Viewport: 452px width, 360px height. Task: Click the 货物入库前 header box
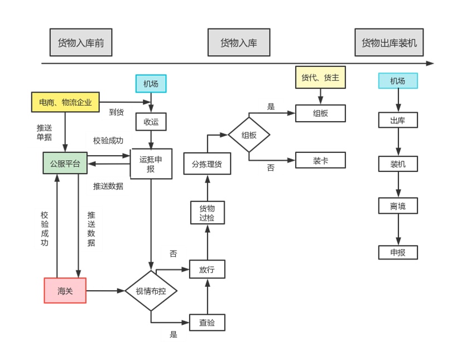click(x=81, y=43)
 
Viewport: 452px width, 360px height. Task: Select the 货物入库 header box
click(x=238, y=43)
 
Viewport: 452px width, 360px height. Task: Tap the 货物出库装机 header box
click(x=389, y=43)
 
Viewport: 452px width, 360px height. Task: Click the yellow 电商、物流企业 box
click(x=65, y=102)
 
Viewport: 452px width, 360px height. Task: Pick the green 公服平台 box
click(x=65, y=164)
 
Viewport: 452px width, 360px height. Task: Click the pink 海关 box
click(x=65, y=290)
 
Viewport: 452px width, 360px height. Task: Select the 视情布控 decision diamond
click(x=151, y=291)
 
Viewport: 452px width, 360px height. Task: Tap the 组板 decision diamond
click(x=249, y=135)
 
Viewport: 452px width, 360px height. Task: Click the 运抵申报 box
click(x=151, y=164)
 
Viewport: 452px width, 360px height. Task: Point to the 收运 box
click(x=151, y=121)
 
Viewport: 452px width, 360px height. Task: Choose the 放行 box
click(x=207, y=269)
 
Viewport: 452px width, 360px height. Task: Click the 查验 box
click(x=207, y=322)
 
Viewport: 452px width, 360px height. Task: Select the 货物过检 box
click(x=207, y=213)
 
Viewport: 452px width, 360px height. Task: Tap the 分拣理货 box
click(x=207, y=164)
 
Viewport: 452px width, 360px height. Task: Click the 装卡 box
click(x=320, y=160)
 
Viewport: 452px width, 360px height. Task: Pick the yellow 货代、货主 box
click(x=320, y=78)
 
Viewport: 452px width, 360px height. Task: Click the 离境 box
click(x=398, y=206)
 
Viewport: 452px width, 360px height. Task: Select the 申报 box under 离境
click(x=398, y=252)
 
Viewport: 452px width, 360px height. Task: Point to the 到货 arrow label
click(x=116, y=112)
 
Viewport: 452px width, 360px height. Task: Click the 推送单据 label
click(x=44, y=132)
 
